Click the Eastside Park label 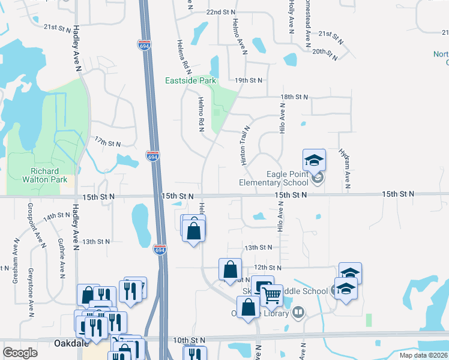point(191,80)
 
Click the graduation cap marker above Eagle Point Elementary point(314,160)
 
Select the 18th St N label point(294,97)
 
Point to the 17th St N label point(107,142)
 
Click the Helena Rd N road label point(182,53)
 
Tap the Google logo point(20,353)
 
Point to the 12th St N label point(268,267)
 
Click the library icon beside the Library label point(298,313)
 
